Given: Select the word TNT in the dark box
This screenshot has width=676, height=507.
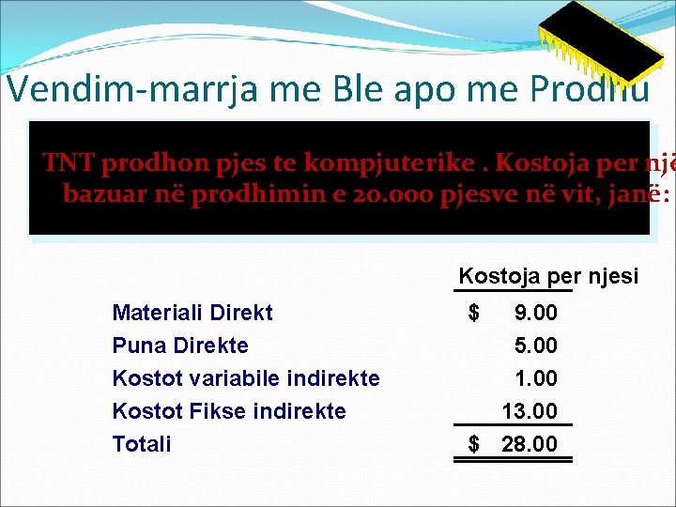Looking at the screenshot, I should (x=68, y=163).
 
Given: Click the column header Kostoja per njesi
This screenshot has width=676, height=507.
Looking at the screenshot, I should (x=548, y=276).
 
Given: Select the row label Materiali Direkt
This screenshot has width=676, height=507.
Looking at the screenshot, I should (x=192, y=313).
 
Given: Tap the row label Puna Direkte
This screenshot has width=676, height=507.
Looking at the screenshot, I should (x=180, y=346).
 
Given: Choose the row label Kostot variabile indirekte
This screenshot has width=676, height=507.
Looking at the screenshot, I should (x=246, y=378).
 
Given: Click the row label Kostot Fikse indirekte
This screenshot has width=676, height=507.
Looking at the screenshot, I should (x=229, y=411).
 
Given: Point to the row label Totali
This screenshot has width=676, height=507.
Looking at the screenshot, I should (x=142, y=444).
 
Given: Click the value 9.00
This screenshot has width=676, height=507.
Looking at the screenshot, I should (x=535, y=313).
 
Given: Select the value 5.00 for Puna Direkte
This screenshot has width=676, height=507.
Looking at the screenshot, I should (x=535, y=346).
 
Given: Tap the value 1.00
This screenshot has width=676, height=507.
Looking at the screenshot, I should (x=535, y=378).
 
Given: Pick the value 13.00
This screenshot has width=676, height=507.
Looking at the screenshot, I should (x=530, y=411).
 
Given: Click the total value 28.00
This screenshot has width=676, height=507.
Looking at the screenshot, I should (x=530, y=444).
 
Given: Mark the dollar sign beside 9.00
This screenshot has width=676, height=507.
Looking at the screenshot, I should (x=474, y=312).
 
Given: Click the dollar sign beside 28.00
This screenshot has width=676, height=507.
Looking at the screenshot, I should (x=474, y=444).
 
